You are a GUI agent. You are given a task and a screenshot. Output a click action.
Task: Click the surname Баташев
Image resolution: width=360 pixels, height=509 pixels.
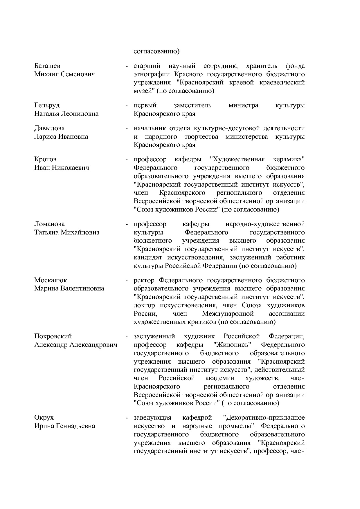pyautogui.click(x=47, y=66)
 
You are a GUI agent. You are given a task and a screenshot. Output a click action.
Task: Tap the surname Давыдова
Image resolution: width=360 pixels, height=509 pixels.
pyautogui.click(x=49, y=128)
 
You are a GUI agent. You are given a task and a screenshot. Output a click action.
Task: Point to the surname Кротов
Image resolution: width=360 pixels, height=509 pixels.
pyautogui.click(x=45, y=159)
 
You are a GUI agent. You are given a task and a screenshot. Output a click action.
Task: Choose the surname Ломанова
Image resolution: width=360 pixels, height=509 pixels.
pyautogui.click(x=49, y=224)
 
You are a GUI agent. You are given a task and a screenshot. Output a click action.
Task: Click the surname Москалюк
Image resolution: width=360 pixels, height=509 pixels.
pyautogui.click(x=51, y=280)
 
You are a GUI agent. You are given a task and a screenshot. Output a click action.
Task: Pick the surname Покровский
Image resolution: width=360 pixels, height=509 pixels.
pyautogui.click(x=53, y=336)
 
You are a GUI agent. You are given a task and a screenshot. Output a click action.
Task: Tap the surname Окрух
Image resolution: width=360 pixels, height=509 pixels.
pyautogui.click(x=44, y=418)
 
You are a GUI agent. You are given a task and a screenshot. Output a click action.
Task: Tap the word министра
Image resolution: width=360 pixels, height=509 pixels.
pyautogui.click(x=243, y=105)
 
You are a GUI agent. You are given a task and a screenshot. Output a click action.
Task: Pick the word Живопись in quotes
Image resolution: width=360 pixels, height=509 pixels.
pyautogui.click(x=232, y=345)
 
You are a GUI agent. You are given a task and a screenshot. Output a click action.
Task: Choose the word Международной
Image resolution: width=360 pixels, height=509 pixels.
pyautogui.click(x=228, y=314)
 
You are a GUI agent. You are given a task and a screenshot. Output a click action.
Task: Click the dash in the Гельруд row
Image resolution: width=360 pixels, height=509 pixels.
pyautogui.click(x=127, y=106)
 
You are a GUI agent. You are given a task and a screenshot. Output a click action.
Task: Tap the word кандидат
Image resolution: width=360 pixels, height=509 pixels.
pyautogui.click(x=147, y=257)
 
